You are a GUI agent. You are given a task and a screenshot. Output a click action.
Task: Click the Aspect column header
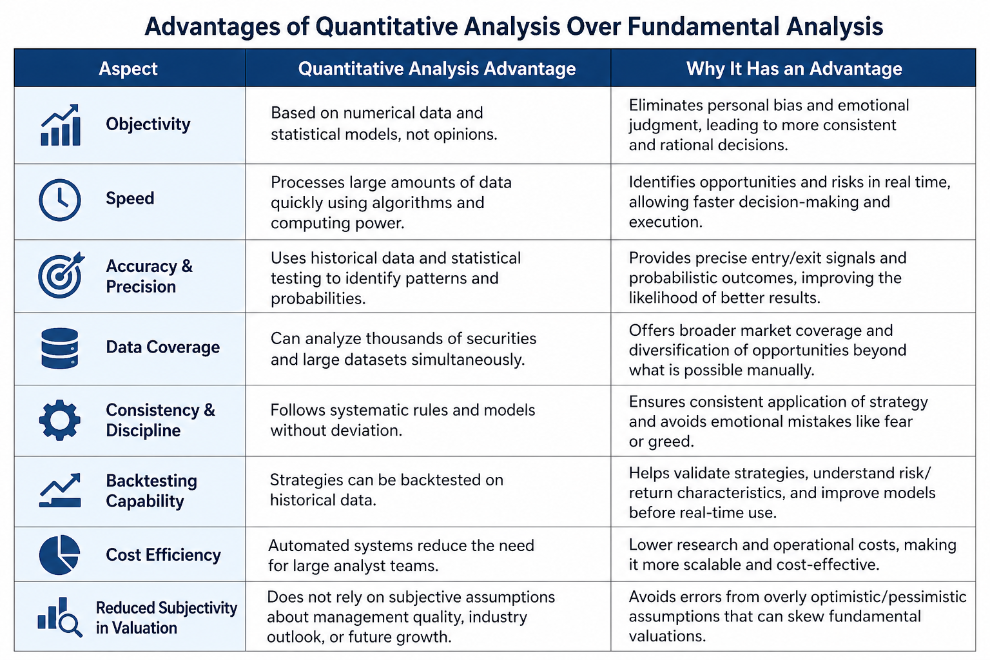128,68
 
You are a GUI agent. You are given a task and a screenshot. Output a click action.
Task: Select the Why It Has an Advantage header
794,68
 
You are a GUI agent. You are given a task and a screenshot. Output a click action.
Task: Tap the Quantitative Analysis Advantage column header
436,68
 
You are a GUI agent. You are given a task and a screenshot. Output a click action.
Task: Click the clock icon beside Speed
60,200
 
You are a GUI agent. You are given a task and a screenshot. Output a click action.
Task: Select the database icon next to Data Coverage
60,348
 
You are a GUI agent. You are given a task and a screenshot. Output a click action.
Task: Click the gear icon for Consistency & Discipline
60,420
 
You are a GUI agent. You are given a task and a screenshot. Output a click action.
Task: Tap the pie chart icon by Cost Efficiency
60,555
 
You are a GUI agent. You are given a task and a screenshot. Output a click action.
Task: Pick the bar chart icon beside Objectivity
61,124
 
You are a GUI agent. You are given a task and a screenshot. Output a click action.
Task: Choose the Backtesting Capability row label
151,490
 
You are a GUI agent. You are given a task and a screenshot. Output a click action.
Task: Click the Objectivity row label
148,124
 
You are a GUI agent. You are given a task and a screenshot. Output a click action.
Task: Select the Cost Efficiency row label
163,555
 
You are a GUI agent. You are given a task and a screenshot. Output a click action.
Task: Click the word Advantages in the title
211,27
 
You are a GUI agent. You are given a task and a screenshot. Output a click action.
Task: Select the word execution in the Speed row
666,222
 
